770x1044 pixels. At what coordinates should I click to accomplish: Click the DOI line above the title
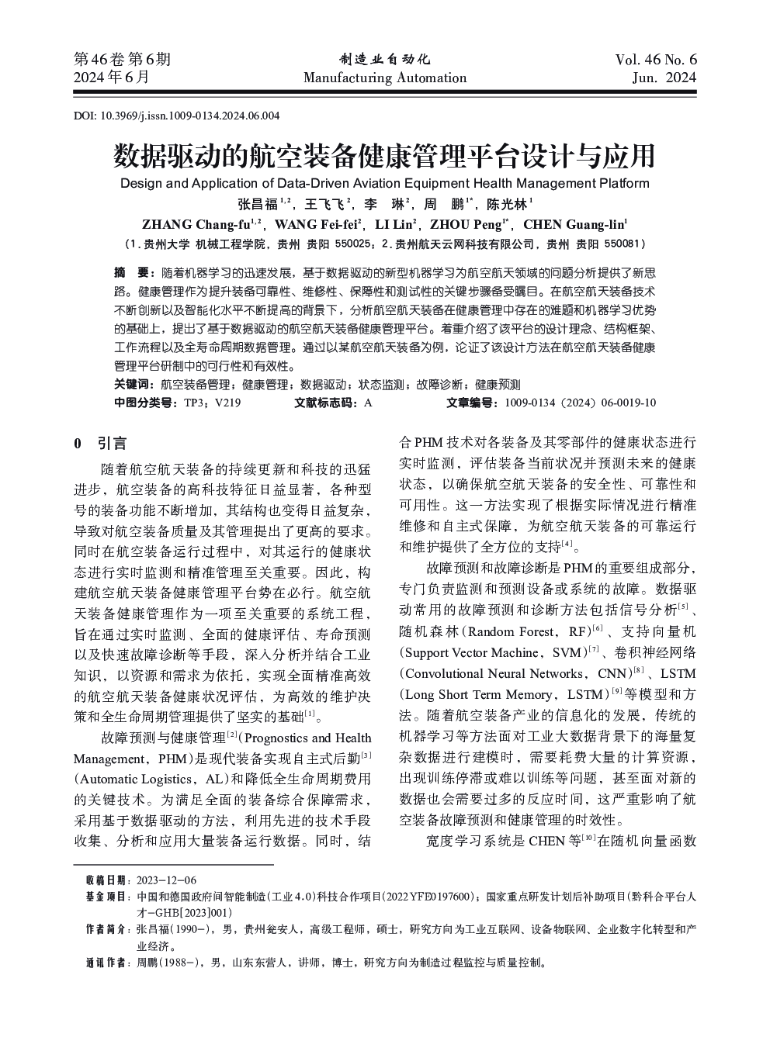click(176, 116)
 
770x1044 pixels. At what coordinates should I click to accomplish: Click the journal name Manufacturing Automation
click(384, 78)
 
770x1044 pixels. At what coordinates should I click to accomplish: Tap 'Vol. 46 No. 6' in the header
click(655, 60)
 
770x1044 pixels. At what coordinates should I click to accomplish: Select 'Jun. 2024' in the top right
click(664, 78)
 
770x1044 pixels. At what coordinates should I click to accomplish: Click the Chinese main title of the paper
click(384, 156)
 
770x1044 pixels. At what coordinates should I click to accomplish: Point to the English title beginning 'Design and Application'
click(384, 184)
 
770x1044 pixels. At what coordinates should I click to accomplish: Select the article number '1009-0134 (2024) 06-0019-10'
click(580, 403)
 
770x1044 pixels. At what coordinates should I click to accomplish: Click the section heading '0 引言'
click(100, 444)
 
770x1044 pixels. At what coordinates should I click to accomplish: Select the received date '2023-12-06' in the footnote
click(166, 880)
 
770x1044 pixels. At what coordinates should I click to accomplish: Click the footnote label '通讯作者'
click(107, 963)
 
